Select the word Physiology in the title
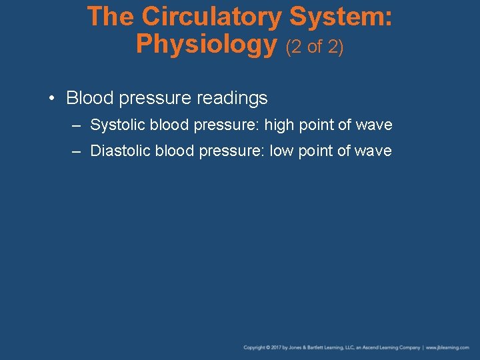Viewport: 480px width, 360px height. (x=206, y=45)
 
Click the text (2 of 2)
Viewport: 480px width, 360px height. (x=315, y=47)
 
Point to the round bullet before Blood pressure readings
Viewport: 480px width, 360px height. (x=51, y=99)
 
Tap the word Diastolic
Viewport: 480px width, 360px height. (x=121, y=151)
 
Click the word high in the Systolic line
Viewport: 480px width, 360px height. (x=278, y=125)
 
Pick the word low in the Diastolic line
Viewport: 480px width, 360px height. (x=281, y=151)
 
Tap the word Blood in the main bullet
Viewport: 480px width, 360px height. (x=88, y=99)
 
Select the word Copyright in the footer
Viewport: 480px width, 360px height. (x=254, y=347)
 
